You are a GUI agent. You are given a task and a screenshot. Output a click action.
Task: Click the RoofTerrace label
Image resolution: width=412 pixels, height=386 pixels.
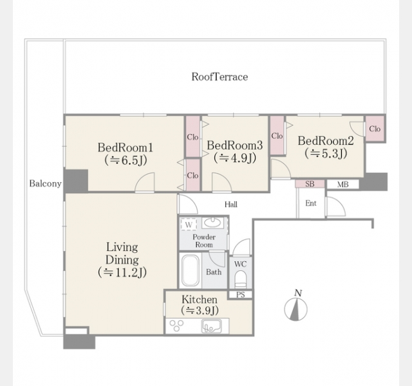pos(220,77)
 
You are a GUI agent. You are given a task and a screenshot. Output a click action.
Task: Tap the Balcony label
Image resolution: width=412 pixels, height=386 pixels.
pos(45,183)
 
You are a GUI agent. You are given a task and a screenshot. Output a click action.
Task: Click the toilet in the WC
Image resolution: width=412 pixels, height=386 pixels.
pos(240,279)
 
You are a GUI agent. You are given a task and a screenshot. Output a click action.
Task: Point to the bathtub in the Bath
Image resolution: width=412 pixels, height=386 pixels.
pos(190,271)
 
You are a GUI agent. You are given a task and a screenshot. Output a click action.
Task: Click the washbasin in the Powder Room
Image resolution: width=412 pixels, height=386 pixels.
pos(212,223)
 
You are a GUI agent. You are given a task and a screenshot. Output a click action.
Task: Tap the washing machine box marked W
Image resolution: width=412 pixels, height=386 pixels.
pos(189,225)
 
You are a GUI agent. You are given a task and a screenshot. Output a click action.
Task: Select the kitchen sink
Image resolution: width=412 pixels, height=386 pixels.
pos(212,326)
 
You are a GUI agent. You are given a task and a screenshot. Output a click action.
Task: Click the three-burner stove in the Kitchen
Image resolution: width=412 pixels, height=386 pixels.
pos(176,326)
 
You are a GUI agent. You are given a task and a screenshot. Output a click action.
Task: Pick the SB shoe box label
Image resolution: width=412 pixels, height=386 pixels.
pos(310,184)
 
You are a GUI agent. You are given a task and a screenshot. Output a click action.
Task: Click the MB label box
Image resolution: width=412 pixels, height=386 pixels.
pos(342,185)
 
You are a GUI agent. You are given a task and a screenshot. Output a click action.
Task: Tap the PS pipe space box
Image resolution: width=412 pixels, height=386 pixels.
pos(240,295)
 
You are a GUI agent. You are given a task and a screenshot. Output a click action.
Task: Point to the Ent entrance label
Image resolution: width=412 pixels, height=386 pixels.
pos(311,203)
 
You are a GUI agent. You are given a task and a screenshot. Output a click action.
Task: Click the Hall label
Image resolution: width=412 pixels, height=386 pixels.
pos(231,205)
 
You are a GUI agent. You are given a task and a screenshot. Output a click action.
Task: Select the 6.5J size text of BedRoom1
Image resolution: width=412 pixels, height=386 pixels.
pos(126,160)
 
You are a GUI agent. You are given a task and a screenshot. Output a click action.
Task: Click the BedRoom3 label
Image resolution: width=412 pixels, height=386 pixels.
pos(234,145)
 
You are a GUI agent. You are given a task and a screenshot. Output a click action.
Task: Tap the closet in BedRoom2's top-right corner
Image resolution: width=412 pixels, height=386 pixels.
pos(375,129)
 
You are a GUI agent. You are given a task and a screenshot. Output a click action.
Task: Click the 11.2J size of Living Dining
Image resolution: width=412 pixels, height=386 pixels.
pos(122,272)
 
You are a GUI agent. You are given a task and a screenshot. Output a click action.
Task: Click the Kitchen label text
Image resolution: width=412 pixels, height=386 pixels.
pos(200,300)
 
